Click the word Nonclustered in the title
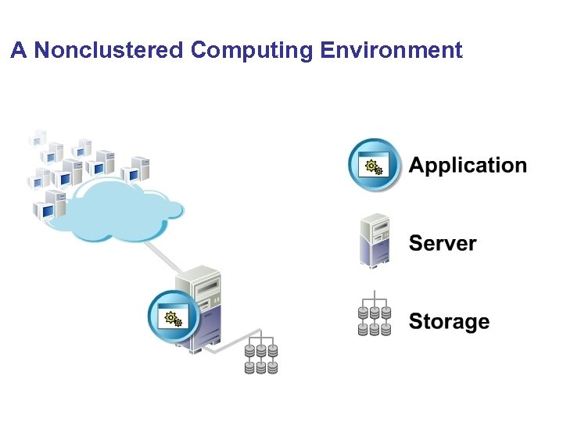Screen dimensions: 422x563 [x=109, y=51]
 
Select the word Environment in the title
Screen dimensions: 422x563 [x=391, y=51]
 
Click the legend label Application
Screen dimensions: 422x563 [x=468, y=166]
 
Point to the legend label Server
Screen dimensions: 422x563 [x=443, y=243]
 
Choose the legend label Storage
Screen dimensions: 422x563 [x=449, y=321]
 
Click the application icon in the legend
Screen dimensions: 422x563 [x=375, y=165]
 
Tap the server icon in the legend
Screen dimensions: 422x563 [x=375, y=240]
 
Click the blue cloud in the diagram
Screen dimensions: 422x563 [x=117, y=209]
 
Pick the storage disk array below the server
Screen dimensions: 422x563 [x=261, y=356]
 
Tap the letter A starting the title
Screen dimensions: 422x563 [x=20, y=51]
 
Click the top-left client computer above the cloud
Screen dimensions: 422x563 [x=38, y=138]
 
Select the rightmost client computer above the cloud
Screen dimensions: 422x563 [x=139, y=166]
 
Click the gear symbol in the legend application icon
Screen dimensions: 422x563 [x=372, y=166]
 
